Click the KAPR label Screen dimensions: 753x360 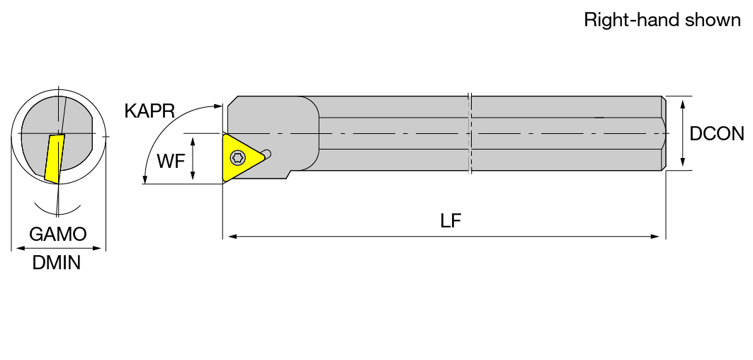pyautogui.click(x=149, y=111)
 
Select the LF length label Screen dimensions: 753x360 pyautogui.click(x=451, y=220)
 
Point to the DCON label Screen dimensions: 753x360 pyautogui.click(x=716, y=134)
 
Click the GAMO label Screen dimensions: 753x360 pyautogui.click(x=57, y=234)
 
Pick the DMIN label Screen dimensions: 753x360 pyautogui.click(x=56, y=263)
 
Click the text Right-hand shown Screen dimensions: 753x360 pyautogui.click(x=662, y=20)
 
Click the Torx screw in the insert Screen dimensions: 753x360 pyautogui.click(x=237, y=157)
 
